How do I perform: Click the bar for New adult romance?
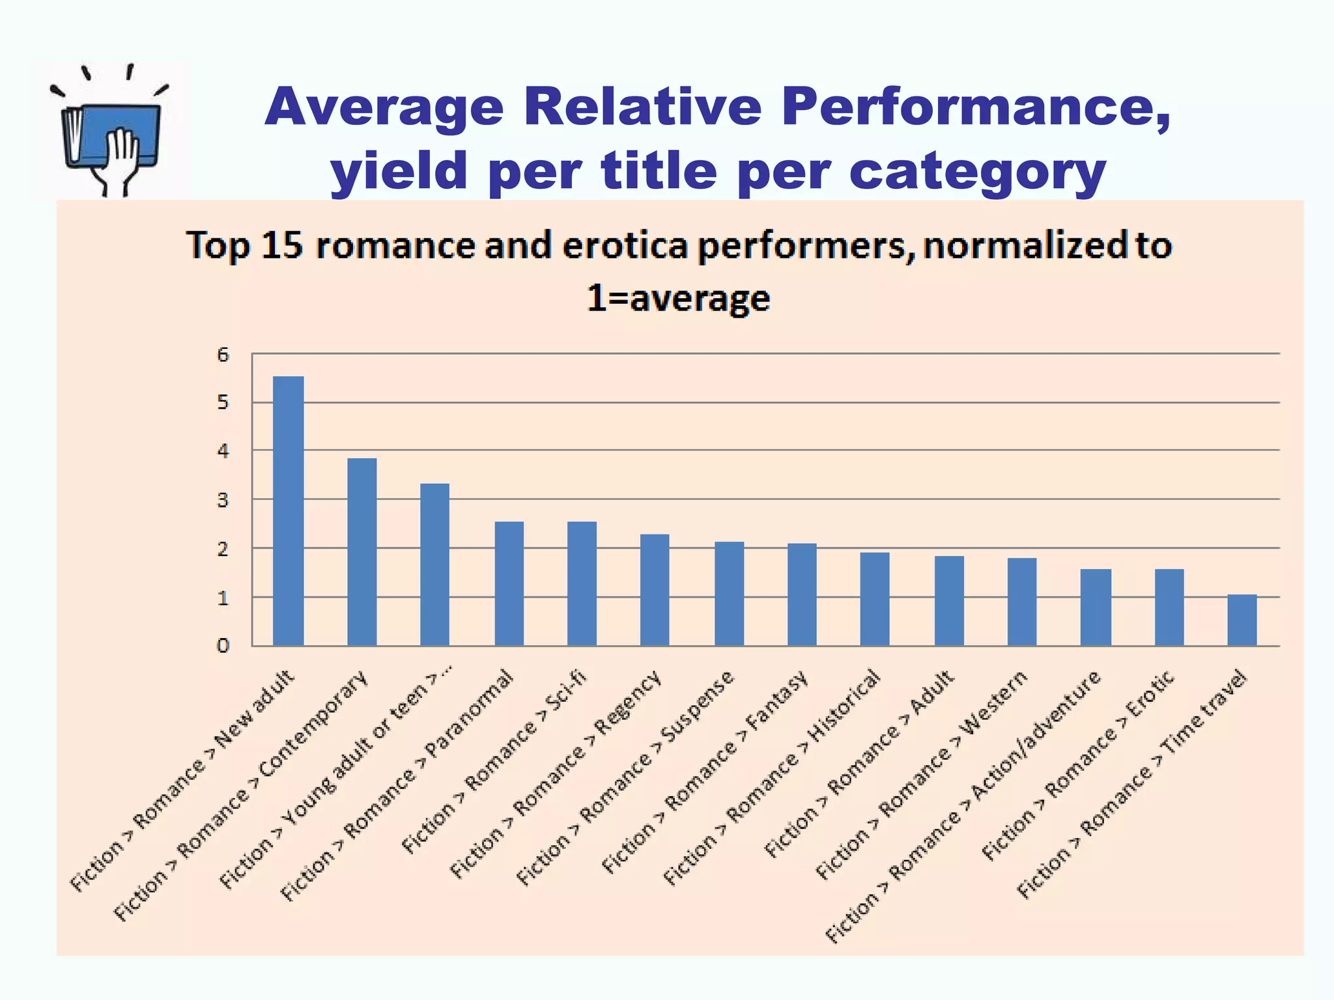pos(288,511)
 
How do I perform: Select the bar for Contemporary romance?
pos(362,552)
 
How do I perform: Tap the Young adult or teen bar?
pos(434,564)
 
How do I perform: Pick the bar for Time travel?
pos(1242,620)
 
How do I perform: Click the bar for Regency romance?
pos(654,590)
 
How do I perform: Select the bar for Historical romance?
pos(874,599)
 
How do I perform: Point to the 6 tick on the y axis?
pos(223,355)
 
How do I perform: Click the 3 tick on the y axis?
pos(223,500)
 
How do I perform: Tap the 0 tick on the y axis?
pos(223,646)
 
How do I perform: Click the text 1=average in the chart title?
pos(678,298)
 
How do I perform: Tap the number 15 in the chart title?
pos(281,245)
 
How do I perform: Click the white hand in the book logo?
pos(121,156)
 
